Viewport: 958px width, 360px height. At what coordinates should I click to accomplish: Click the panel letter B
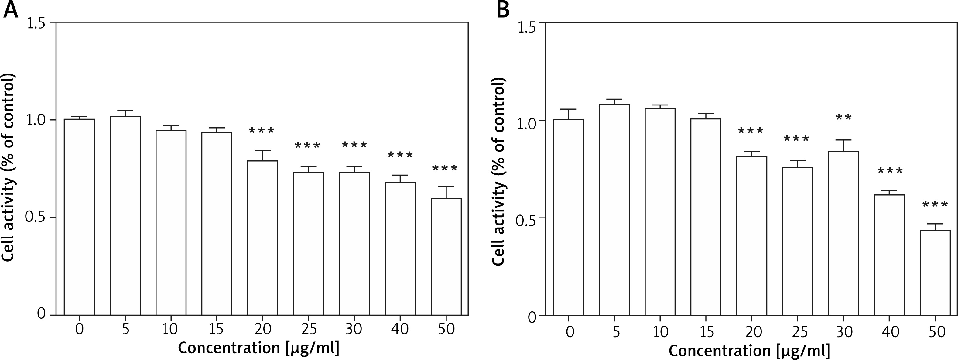(x=503, y=10)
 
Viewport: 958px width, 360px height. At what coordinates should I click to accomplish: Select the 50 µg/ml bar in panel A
(x=446, y=257)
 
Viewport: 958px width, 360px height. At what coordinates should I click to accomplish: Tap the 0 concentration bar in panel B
(x=568, y=218)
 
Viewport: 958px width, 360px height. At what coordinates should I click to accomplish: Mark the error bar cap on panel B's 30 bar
(x=844, y=140)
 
